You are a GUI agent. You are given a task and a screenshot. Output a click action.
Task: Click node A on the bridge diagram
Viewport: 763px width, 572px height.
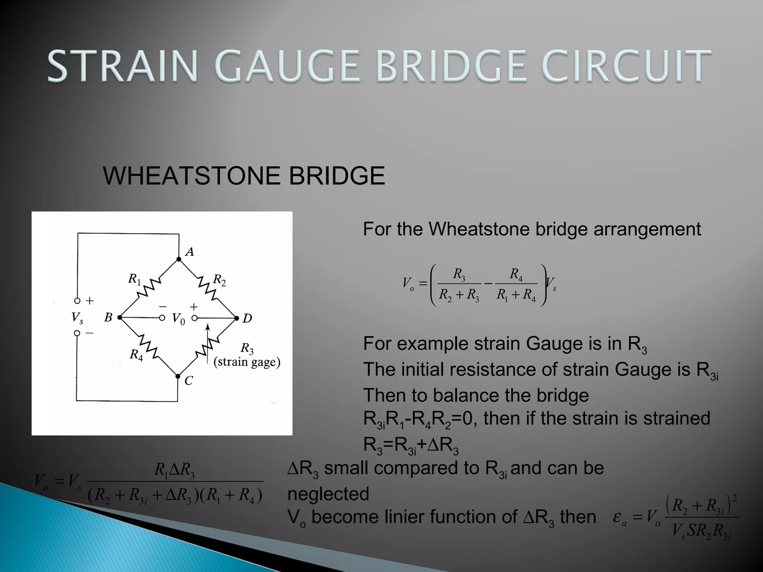click(x=179, y=259)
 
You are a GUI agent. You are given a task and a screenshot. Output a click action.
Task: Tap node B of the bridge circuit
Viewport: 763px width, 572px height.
click(x=120, y=318)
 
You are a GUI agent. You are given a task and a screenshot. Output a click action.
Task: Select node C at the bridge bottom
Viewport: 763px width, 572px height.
click(x=178, y=376)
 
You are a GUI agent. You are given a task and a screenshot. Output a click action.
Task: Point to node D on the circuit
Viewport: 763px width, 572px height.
click(x=237, y=318)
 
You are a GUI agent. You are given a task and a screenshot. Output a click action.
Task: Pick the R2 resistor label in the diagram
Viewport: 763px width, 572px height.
click(x=219, y=280)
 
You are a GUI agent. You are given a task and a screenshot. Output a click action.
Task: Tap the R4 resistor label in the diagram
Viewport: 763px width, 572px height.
click(x=136, y=354)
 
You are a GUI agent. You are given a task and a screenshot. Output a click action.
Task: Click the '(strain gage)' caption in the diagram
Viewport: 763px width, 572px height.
click(x=247, y=362)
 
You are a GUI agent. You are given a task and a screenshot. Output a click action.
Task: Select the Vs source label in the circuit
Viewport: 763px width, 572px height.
click(x=77, y=318)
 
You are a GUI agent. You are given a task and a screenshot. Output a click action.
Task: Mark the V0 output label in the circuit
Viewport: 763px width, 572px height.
click(x=178, y=319)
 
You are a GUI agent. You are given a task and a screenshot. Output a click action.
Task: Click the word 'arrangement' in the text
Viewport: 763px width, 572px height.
click(x=647, y=229)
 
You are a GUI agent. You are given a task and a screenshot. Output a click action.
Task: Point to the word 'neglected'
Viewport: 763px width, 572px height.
click(x=328, y=494)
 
